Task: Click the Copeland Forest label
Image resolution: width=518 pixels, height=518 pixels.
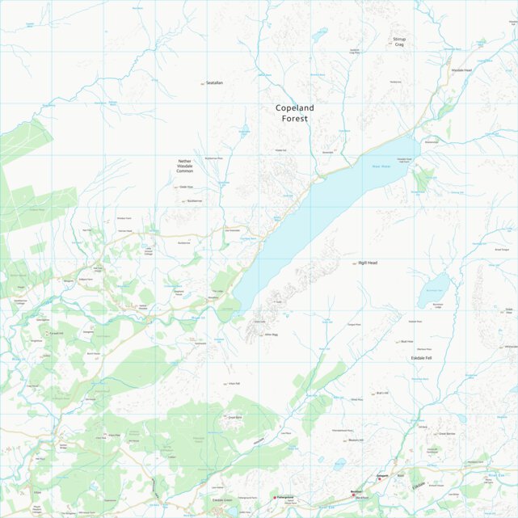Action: (x=295, y=113)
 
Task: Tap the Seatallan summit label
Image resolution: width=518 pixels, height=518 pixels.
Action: (x=214, y=83)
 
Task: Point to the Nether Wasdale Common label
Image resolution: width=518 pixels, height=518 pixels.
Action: (x=185, y=166)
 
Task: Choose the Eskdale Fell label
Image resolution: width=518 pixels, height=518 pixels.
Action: (x=422, y=356)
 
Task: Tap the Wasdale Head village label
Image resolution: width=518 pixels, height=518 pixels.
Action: (x=461, y=70)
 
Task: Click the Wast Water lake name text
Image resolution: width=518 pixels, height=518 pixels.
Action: (x=381, y=166)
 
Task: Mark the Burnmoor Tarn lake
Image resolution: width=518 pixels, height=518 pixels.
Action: (x=432, y=292)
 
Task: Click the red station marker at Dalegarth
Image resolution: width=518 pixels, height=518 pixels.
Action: (x=380, y=479)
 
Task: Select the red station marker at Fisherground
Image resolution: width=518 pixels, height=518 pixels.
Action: (x=275, y=497)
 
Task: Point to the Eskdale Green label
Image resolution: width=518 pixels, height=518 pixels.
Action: (x=223, y=499)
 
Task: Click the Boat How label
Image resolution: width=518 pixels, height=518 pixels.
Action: (x=406, y=342)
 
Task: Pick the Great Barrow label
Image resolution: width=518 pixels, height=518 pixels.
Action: (x=447, y=433)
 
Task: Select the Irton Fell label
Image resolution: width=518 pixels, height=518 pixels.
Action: (x=234, y=383)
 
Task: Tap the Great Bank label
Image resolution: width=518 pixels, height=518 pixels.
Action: (x=235, y=417)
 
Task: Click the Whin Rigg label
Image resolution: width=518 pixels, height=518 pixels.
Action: (x=272, y=333)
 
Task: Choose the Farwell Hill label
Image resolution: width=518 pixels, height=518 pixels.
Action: (x=57, y=333)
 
